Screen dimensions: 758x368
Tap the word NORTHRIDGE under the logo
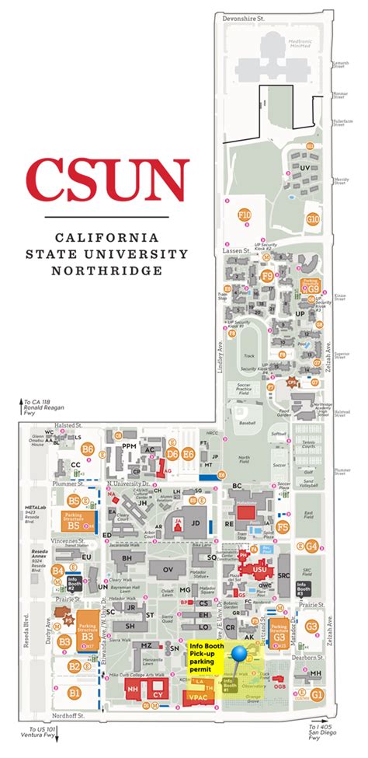pyautogui.click(x=107, y=271)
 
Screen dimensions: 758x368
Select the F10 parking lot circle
pyautogui.click(x=245, y=215)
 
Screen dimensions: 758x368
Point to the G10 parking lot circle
pyautogui.click(x=313, y=219)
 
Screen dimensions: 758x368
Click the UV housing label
pyautogui.click(x=304, y=167)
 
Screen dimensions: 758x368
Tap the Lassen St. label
pyautogui.click(x=236, y=251)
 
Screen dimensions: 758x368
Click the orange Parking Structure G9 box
pyautogui.click(x=310, y=285)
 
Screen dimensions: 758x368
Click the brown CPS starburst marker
pyautogui.click(x=292, y=382)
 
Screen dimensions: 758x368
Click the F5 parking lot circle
pyautogui.click(x=283, y=528)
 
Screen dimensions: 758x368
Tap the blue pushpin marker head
pyautogui.click(x=241, y=654)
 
